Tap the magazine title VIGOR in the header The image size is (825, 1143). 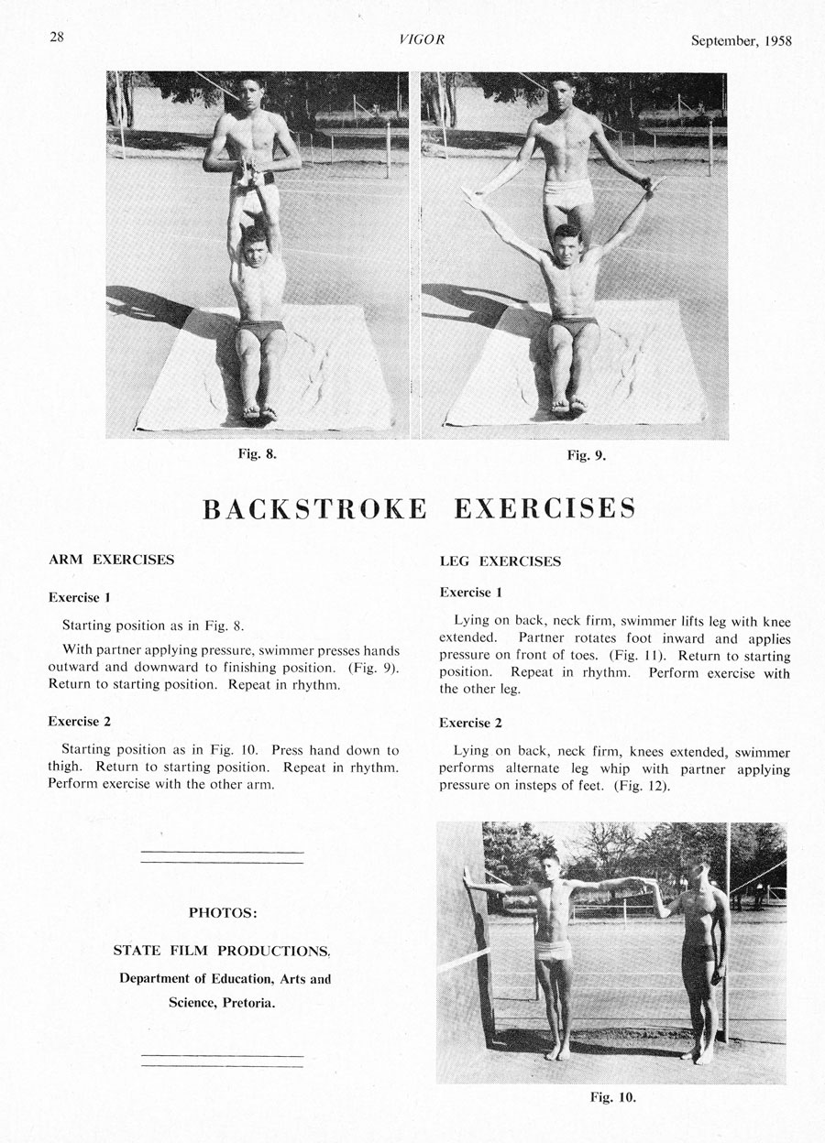click(x=421, y=40)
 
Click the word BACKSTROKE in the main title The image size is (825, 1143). click(x=314, y=509)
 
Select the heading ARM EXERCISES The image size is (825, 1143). click(x=111, y=559)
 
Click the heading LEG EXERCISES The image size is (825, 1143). click(x=500, y=561)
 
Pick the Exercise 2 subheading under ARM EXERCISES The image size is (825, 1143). click(x=80, y=721)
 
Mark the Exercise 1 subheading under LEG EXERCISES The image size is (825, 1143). click(x=471, y=592)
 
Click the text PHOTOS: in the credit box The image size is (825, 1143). click(x=222, y=912)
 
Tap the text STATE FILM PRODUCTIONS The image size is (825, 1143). click(x=221, y=951)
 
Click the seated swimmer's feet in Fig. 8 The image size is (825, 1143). click(x=259, y=413)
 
